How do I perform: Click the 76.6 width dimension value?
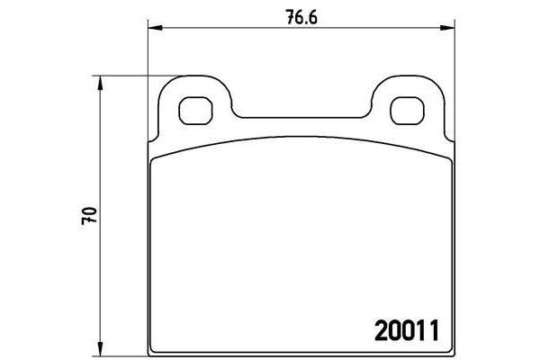301,17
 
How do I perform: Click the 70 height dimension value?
89,216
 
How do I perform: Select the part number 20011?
407,330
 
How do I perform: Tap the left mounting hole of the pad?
195,111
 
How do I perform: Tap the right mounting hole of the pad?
407,111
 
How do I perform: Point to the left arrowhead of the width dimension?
155,28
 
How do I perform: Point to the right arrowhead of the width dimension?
447,28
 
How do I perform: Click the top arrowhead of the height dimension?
100,83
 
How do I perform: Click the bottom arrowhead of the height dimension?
100,348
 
